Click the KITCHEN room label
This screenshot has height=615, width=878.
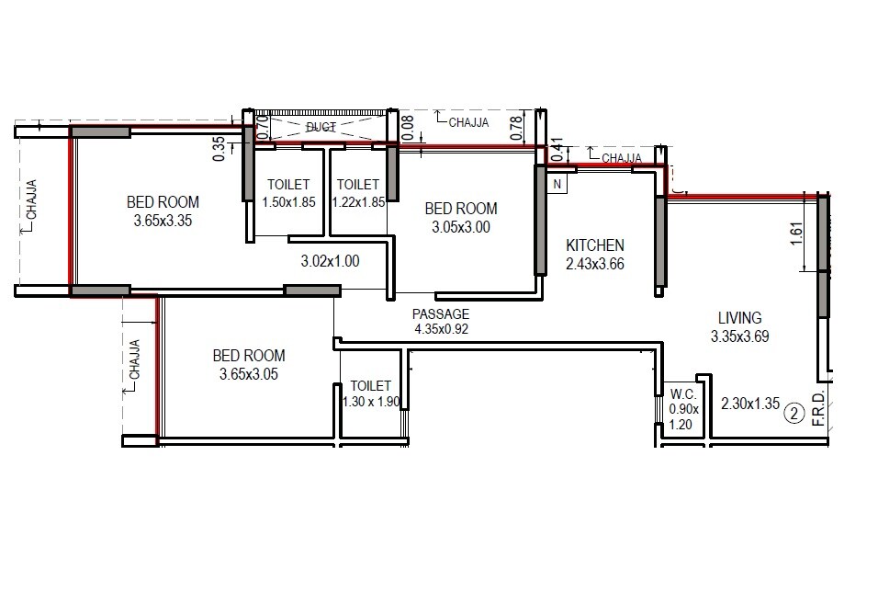(x=595, y=245)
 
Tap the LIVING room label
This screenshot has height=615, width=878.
(x=739, y=318)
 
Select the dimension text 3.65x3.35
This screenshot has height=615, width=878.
(x=162, y=221)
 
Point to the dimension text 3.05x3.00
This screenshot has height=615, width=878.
(x=460, y=227)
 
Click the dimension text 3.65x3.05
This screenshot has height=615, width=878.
(x=249, y=374)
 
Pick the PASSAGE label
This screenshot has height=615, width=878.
(x=441, y=313)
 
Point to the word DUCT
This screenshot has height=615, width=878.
(x=321, y=126)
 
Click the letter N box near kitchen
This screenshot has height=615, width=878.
(x=557, y=183)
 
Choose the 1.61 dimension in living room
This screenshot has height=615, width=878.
(x=797, y=234)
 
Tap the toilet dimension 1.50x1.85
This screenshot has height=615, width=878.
(x=288, y=201)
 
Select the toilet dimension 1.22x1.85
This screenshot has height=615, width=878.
(x=358, y=201)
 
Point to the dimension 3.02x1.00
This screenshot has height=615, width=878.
(x=331, y=261)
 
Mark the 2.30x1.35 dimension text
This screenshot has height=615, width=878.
(x=749, y=403)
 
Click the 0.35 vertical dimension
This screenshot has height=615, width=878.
(x=219, y=149)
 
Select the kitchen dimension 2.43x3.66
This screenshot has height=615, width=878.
(x=595, y=264)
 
